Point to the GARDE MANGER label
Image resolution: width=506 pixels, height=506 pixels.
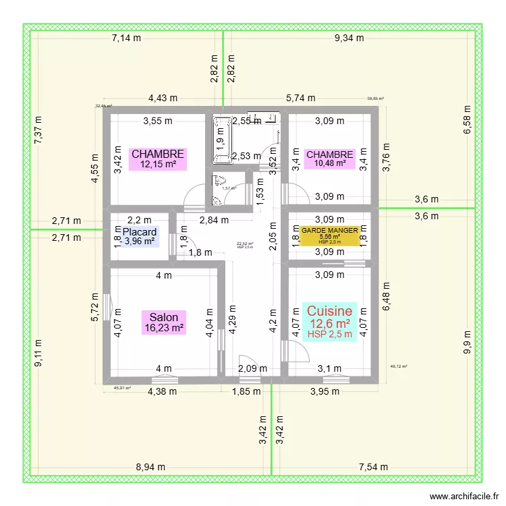330,230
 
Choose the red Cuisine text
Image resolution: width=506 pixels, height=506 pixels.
330,311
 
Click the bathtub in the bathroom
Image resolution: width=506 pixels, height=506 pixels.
221,141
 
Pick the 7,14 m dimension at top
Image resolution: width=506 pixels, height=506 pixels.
126,38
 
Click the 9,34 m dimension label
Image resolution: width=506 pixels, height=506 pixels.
349,38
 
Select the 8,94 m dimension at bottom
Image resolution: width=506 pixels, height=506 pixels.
152,466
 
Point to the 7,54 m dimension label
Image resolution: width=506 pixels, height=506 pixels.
374,466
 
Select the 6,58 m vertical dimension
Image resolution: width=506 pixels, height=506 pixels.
466,119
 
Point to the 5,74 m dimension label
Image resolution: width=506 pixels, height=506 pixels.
300,98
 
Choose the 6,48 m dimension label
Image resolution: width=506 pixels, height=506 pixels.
386,297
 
